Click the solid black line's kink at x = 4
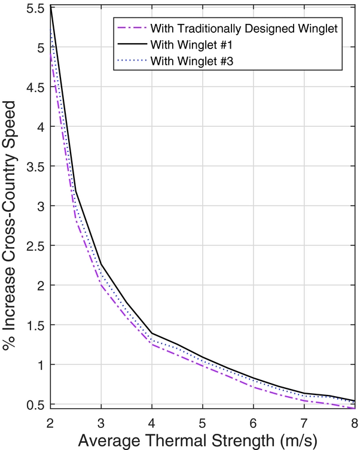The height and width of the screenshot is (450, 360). coord(152,333)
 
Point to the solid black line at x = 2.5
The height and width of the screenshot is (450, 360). coord(75,191)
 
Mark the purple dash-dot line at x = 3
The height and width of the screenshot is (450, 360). coord(101,285)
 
